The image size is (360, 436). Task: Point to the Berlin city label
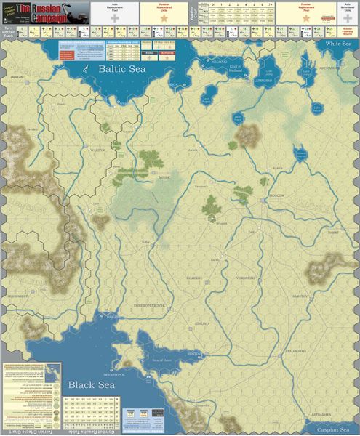(x=17, y=76)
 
